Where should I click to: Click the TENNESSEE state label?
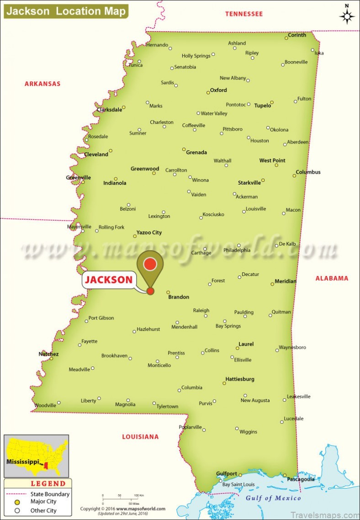244,14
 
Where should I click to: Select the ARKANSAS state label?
42,84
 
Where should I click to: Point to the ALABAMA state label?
332,278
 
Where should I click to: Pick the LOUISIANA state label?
140,437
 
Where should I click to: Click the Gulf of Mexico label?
273,498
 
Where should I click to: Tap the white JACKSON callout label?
109,280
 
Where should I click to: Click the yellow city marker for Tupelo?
272,103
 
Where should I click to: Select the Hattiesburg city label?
240,379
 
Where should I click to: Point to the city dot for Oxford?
208,92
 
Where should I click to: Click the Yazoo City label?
149,232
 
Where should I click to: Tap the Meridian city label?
286,281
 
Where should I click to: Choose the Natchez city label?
48,354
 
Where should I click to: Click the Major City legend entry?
43,501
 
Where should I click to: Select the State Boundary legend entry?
50,493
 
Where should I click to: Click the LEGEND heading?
48,483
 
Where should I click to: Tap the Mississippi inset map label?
22,462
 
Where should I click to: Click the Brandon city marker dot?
168,292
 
